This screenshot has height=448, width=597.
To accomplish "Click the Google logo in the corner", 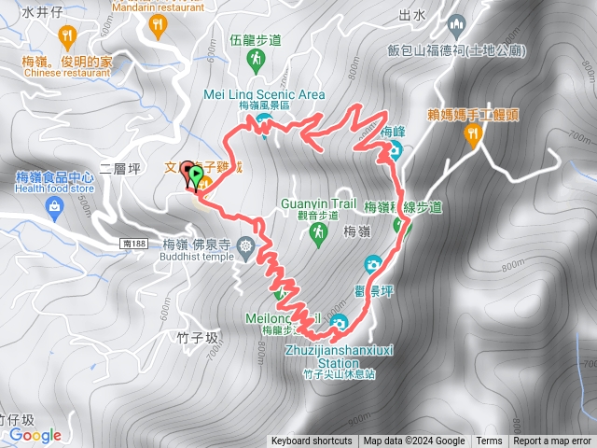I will point(35,435).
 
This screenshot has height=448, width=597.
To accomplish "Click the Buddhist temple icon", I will point(246,247).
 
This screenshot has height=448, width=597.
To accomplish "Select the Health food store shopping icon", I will point(53,210).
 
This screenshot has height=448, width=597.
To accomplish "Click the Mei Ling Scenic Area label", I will point(264,94).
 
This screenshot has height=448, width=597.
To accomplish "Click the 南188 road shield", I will point(134,242).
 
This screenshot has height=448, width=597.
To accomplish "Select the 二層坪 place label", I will point(118,169).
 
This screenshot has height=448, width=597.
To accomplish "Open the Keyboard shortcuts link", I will point(312,441).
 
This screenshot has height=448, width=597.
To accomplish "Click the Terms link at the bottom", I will point(489,441).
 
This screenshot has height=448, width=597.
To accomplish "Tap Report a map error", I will point(554,441).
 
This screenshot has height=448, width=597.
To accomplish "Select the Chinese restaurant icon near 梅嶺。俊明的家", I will point(66,36).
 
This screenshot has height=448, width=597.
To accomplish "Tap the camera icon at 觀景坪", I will point(373,265).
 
